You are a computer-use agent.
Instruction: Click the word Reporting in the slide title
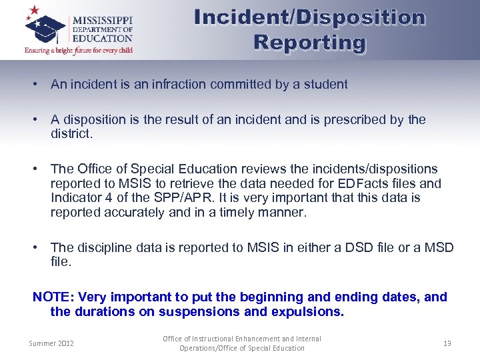(309, 43)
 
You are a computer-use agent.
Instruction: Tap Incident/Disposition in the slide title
(309, 17)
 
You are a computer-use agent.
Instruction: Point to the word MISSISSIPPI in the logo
(103, 19)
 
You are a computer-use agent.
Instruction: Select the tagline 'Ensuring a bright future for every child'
(78, 50)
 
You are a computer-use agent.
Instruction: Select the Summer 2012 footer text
(51, 343)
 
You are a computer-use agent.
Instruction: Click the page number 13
(447, 343)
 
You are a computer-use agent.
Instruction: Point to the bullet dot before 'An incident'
(33, 85)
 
